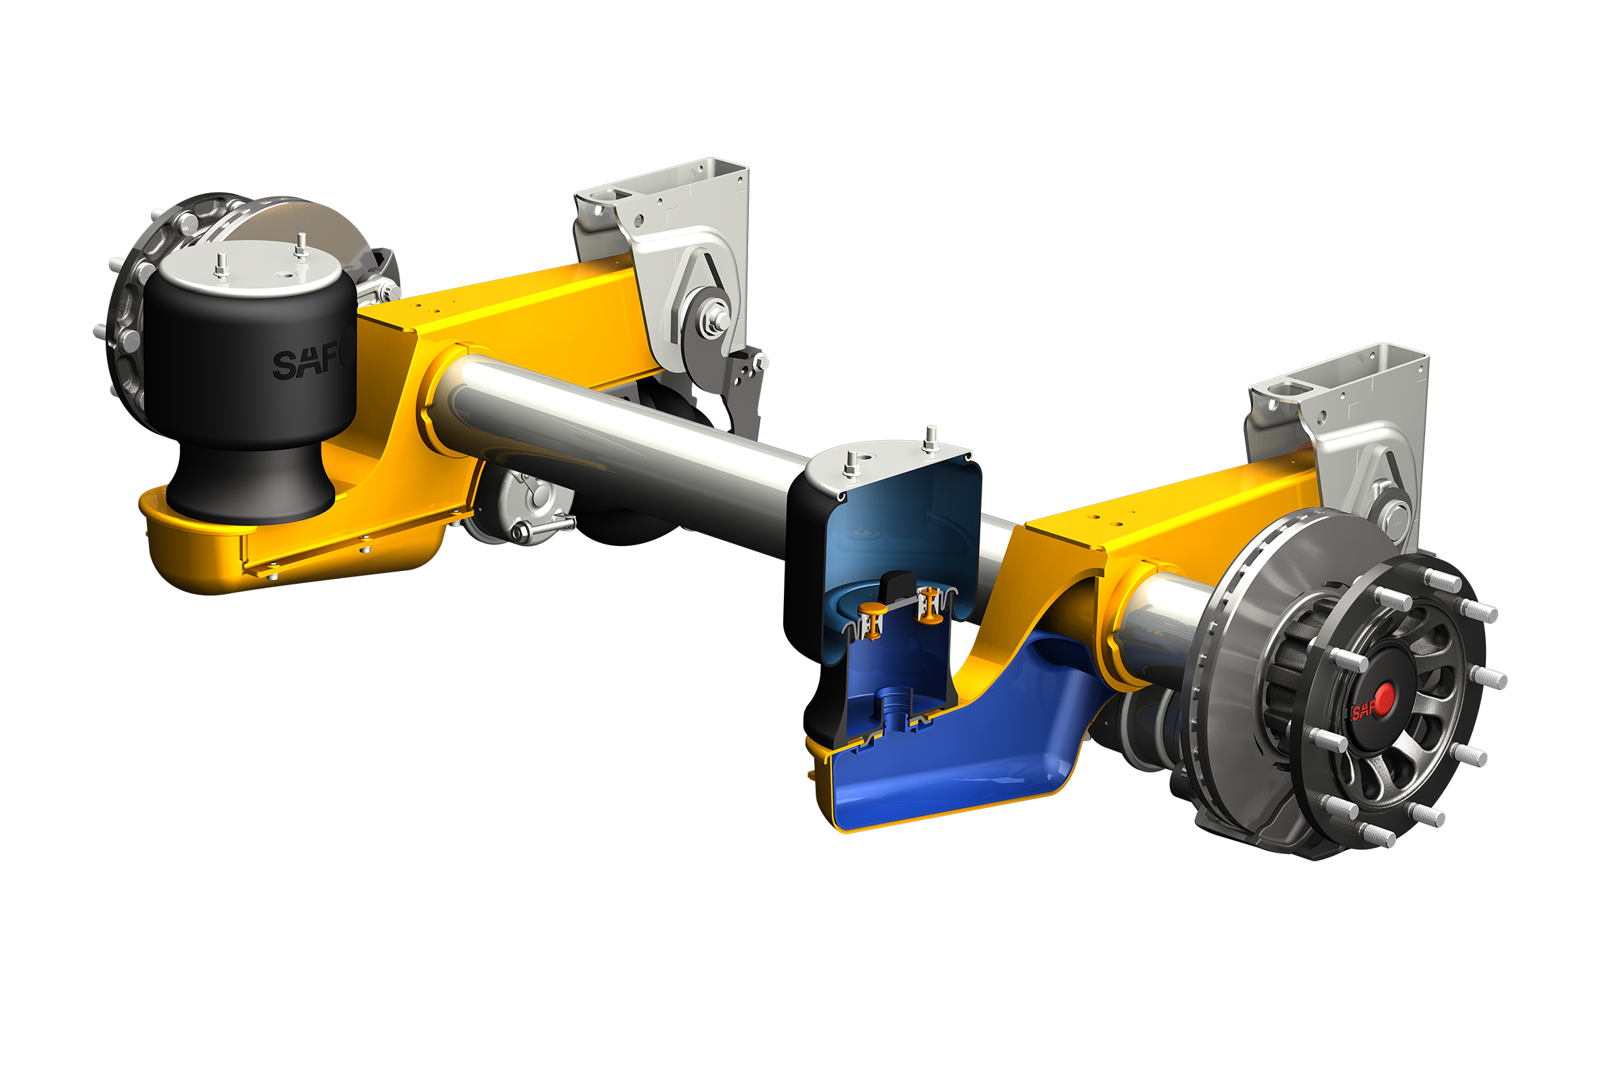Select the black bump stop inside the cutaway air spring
coord(898,585)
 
